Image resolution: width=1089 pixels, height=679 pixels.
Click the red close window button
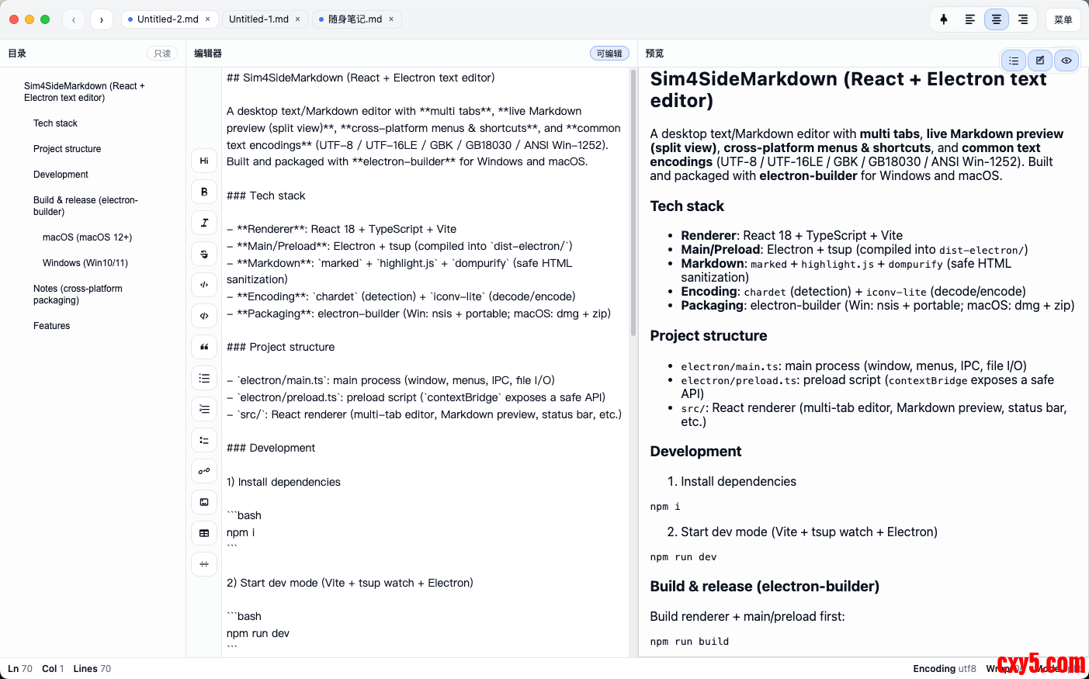pos(14,19)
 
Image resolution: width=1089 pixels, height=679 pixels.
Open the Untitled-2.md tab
pos(167,19)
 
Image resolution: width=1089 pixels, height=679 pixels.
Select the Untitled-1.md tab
pos(258,19)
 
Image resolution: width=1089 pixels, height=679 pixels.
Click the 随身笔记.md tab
pos(355,19)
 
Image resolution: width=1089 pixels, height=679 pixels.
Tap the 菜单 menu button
pos(1063,19)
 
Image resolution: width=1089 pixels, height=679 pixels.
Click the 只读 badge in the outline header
pos(162,54)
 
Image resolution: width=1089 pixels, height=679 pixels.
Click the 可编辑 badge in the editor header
pos(609,54)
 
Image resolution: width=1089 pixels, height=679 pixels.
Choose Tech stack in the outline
pos(55,123)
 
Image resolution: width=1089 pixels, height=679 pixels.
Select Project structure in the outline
pos(67,149)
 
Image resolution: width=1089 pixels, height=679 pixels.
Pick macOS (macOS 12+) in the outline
pos(87,237)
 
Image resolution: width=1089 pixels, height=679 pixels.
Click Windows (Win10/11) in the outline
pos(85,263)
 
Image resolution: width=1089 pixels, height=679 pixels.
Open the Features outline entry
pos(51,326)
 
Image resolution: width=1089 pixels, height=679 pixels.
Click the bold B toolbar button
pos(204,192)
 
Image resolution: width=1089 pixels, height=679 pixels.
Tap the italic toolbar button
pos(204,223)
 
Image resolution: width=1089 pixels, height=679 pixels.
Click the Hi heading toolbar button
pos(204,161)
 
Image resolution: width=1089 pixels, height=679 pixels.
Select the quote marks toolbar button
pos(204,347)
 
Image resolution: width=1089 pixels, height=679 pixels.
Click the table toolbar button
pos(204,533)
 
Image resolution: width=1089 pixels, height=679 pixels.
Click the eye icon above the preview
pos(1066,61)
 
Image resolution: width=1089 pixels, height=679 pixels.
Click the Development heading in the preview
pos(695,452)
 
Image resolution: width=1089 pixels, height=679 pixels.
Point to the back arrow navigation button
pos(74,19)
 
